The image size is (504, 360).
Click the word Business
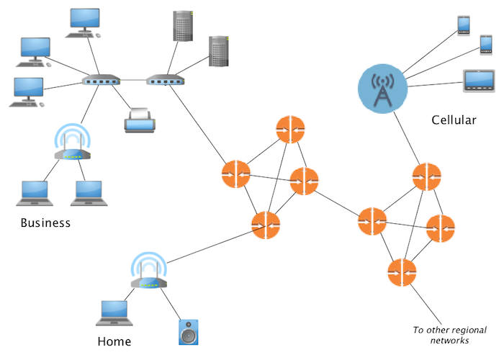tap(45, 222)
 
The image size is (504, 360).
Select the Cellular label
tap(454, 120)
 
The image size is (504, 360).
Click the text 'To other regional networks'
tap(441, 335)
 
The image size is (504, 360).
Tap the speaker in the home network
tap(189, 332)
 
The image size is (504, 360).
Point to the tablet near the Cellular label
tap(477, 80)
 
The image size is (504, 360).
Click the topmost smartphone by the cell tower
tap(464, 24)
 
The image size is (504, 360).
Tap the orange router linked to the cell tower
tap(427, 177)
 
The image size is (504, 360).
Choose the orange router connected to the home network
tap(266, 225)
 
